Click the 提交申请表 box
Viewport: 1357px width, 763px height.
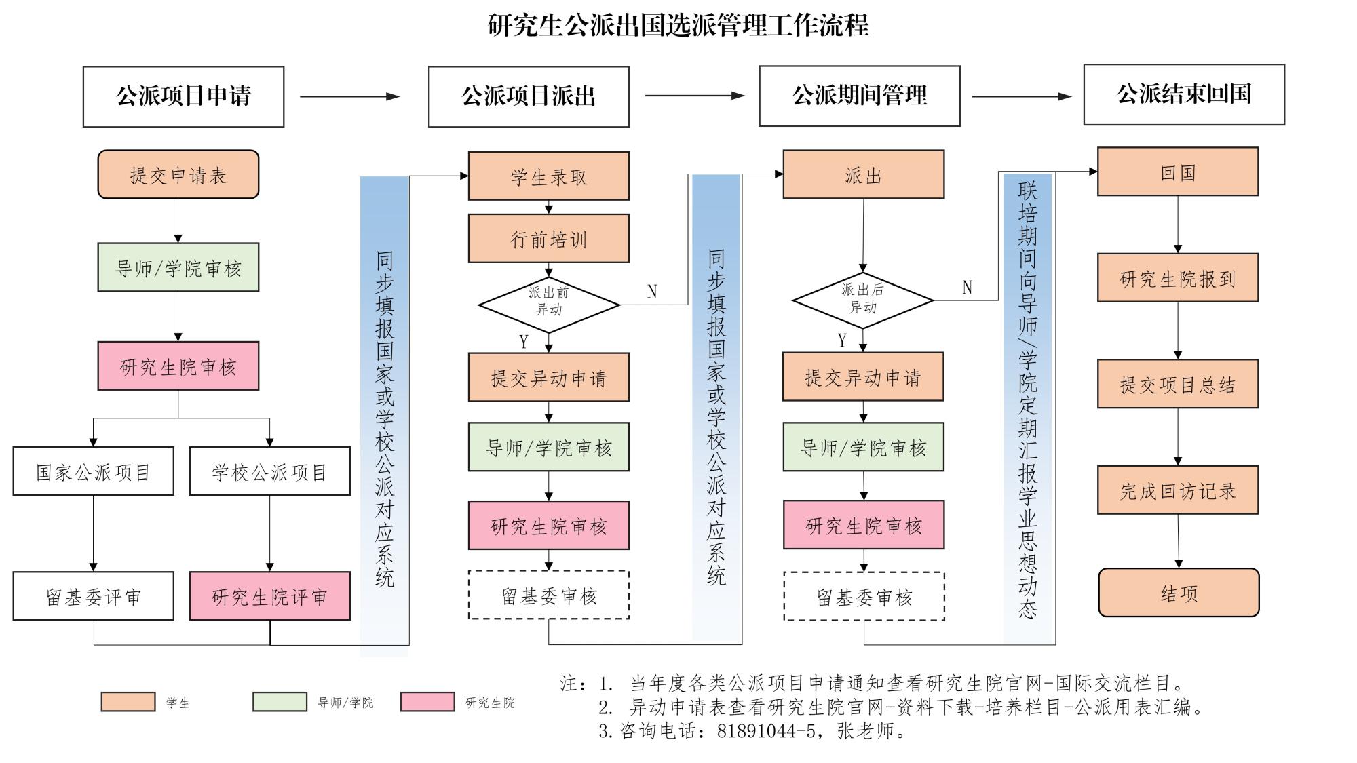tap(178, 175)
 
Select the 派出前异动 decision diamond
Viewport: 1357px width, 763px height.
tap(549, 304)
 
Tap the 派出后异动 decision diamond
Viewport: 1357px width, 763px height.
tap(862, 300)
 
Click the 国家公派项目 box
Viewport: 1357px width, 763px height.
tap(93, 471)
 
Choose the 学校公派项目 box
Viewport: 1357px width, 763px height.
tap(269, 471)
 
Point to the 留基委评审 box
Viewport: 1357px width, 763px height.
tap(93, 596)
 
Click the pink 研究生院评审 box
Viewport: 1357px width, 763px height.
tap(269, 596)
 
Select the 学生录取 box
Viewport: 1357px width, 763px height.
tap(548, 176)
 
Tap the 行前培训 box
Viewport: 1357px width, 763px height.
tap(548, 239)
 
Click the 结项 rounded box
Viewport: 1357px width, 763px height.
tap(1179, 593)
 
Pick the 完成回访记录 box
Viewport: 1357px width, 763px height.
tap(1178, 490)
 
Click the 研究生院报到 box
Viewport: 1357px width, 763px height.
tap(1178, 278)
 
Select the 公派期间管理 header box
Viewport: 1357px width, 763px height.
tap(860, 96)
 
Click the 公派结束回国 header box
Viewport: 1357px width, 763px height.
tap(1184, 94)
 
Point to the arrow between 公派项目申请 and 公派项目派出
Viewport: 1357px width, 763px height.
tap(349, 96)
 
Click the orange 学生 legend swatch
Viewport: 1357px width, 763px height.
tap(128, 702)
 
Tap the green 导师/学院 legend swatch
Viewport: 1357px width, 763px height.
tap(280, 702)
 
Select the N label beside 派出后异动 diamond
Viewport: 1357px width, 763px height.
tap(968, 288)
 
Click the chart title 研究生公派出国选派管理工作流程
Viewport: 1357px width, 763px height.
tap(678, 25)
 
